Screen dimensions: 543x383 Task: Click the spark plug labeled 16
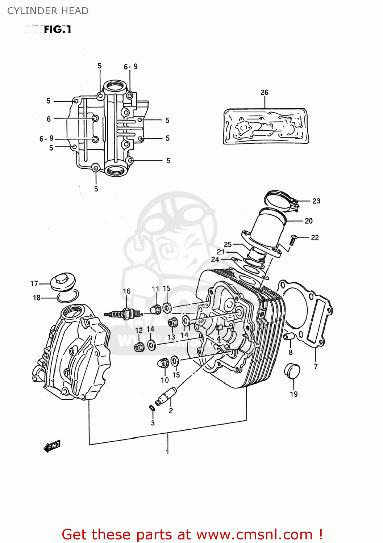(123, 313)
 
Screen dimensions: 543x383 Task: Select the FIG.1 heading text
(57, 29)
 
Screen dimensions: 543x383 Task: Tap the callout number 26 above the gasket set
(265, 92)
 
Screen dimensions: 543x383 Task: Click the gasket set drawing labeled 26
(266, 126)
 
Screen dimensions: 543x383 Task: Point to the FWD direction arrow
(52, 446)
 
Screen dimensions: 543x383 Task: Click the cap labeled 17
(63, 282)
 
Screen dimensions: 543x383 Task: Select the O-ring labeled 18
(68, 297)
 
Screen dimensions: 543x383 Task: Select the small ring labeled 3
(152, 408)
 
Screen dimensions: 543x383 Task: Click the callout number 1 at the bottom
(167, 451)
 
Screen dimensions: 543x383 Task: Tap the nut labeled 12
(139, 346)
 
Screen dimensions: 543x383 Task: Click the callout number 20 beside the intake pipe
(309, 221)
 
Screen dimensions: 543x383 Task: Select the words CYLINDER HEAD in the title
(48, 11)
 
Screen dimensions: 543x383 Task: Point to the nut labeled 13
(173, 322)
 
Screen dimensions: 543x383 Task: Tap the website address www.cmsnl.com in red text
(254, 534)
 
